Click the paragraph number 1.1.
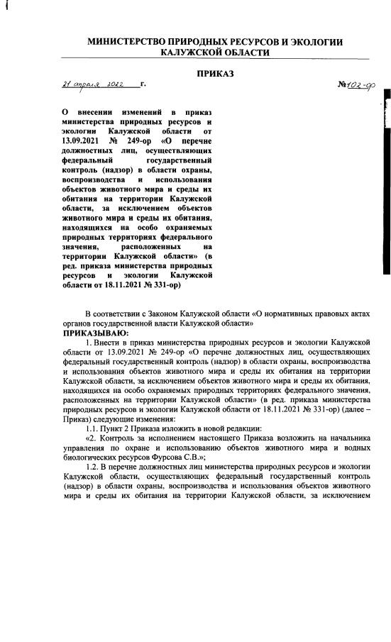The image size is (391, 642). pos(92,429)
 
